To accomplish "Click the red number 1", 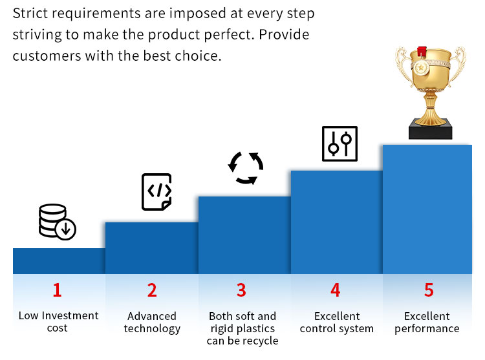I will [57, 290].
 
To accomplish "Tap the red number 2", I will [152, 290].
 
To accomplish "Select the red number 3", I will [241, 290].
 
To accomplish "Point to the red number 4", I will [335, 290].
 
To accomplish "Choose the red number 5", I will [428, 290].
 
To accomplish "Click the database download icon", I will [57, 222].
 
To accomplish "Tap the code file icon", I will [156, 191].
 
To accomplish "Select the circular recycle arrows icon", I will [246, 169].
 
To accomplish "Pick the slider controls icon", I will [339, 143].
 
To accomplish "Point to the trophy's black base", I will [430, 132].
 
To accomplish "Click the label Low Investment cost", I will [58, 322].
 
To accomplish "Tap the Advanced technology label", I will [152, 323].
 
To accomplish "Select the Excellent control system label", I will [337, 323].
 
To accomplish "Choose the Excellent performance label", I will [427, 323].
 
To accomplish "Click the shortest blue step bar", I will [59, 261].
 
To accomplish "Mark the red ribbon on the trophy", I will [422, 51].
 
